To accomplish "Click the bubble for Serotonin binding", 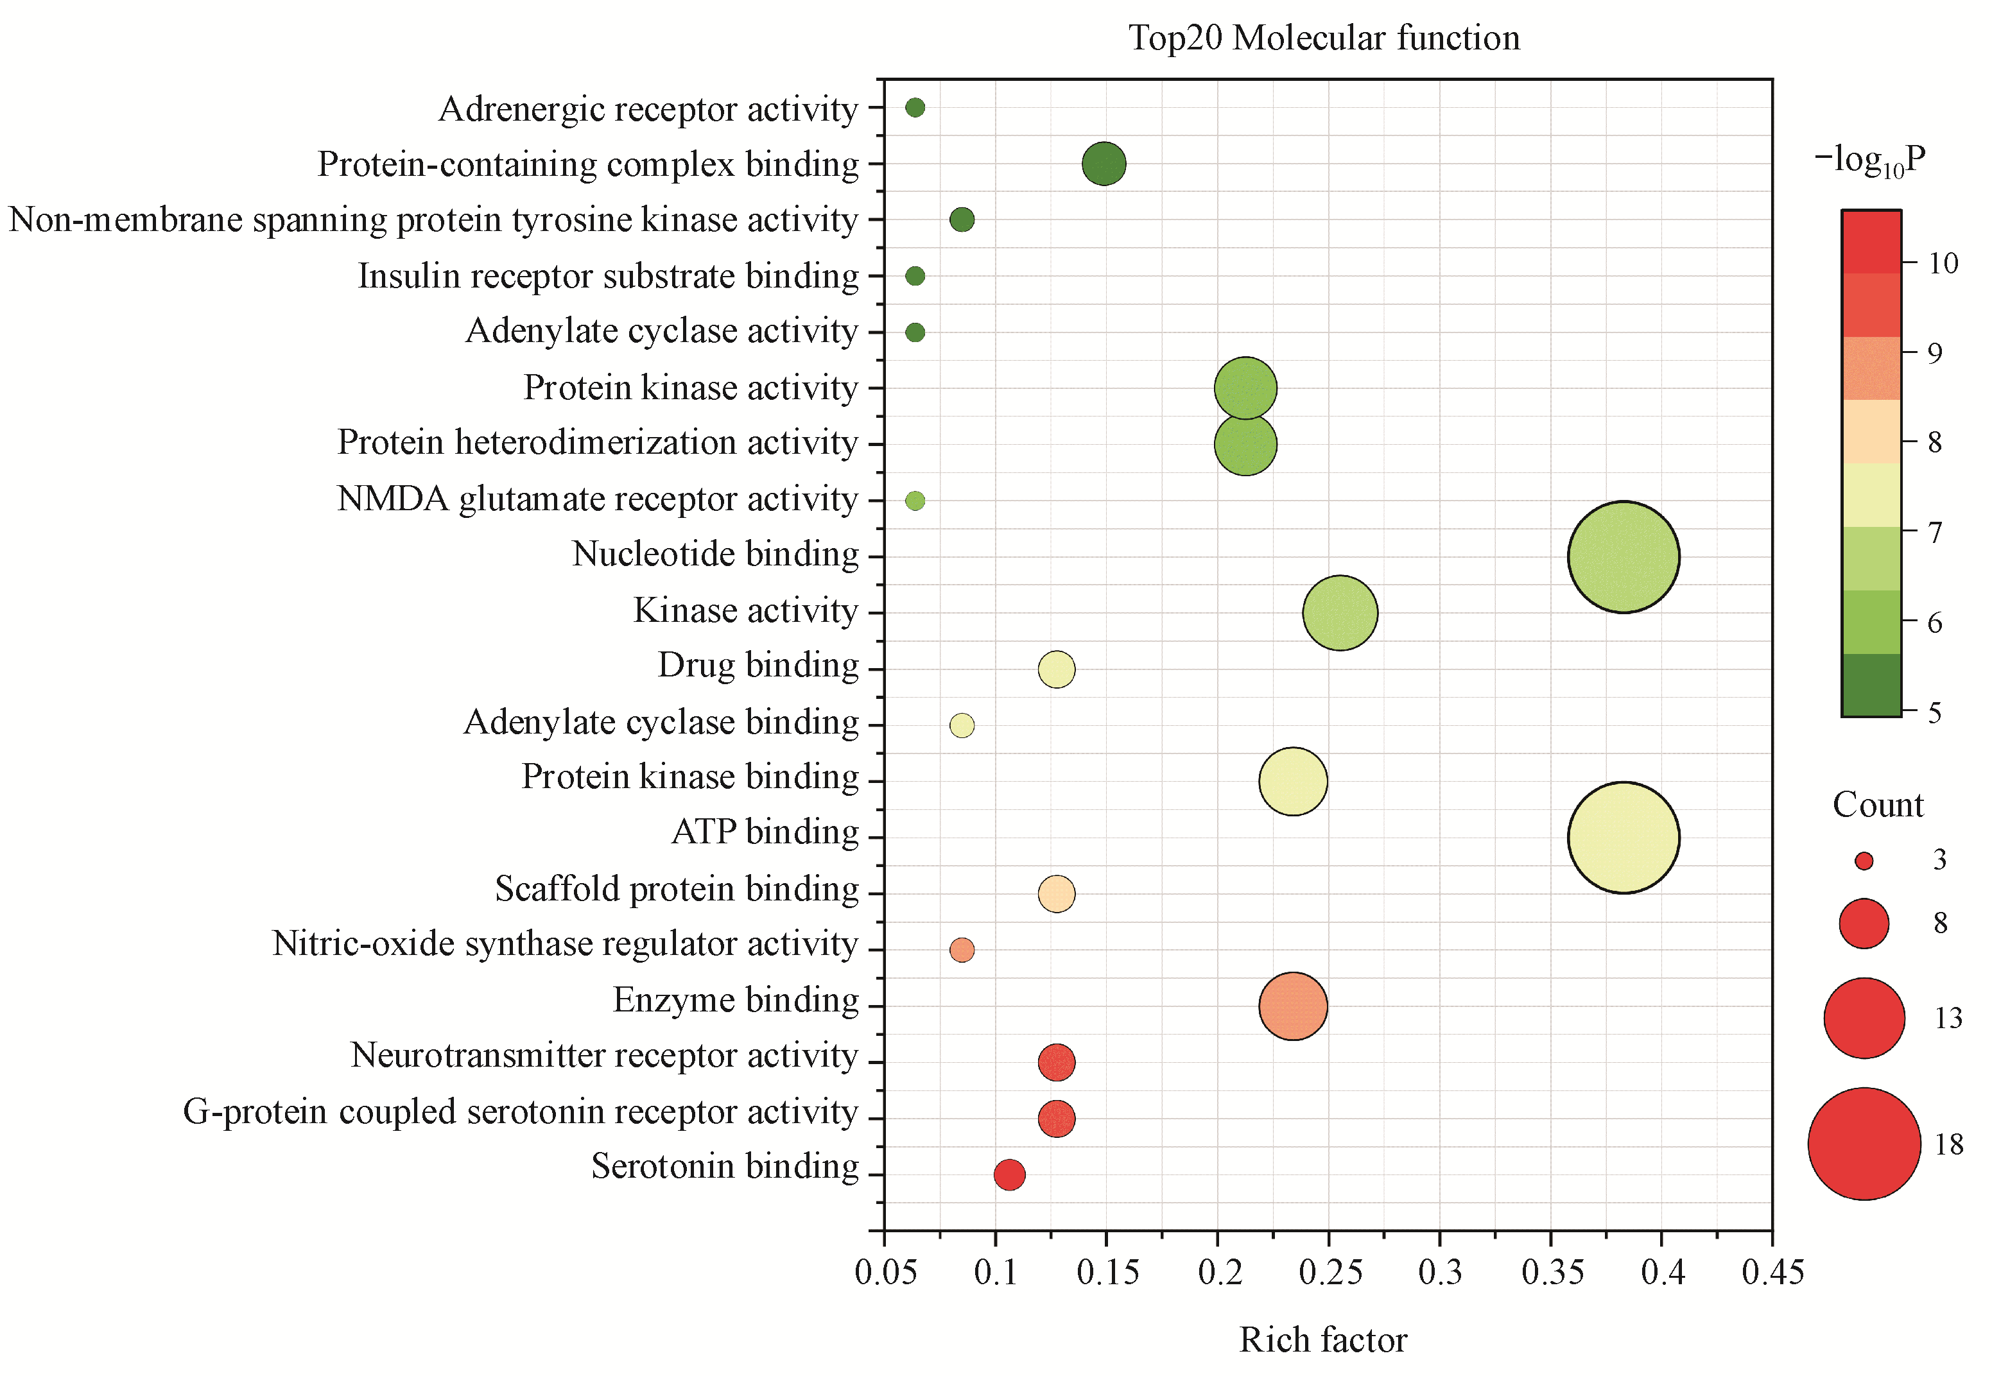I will click(1009, 1174).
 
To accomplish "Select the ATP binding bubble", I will click(1623, 837).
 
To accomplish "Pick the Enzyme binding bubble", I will click(1293, 1006).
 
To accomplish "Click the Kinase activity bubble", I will click(1339, 613).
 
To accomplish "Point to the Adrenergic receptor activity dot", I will click(915, 108).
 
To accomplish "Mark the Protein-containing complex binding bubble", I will click(1104, 164).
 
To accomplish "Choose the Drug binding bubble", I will click(1057, 669).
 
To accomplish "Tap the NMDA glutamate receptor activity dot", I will click(915, 500).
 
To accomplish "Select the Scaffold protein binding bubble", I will click(1057, 894).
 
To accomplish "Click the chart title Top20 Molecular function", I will click(1324, 38).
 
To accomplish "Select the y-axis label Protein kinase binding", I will click(690, 777).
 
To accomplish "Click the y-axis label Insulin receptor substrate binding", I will click(608, 276).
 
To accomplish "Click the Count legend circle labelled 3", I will click(1864, 861).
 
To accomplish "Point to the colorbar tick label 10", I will click(1943, 263).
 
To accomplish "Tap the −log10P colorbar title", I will click(1869, 160).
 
